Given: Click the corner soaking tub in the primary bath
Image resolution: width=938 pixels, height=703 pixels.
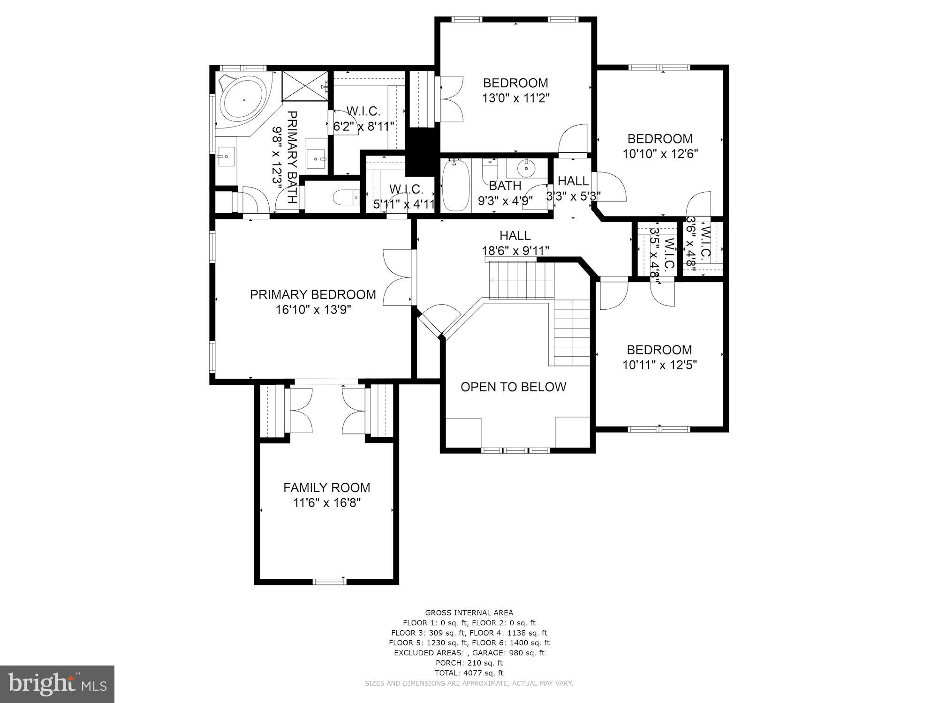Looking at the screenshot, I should [x=243, y=100].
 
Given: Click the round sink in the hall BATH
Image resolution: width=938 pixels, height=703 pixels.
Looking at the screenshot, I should [x=527, y=166].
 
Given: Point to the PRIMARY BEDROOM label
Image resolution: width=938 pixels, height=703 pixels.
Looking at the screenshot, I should [x=313, y=294].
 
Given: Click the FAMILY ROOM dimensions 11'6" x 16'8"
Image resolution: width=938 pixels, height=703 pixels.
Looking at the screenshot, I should [x=326, y=503].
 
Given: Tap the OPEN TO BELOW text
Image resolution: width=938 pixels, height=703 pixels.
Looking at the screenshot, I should [x=513, y=387].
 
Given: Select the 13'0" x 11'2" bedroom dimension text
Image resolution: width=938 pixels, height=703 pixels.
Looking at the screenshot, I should [x=515, y=98].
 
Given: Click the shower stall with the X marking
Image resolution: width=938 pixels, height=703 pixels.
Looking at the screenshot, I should [x=304, y=85].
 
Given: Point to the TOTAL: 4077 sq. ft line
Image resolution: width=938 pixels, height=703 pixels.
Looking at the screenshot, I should [x=469, y=673].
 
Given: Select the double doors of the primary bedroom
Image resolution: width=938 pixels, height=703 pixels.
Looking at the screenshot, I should [x=398, y=277].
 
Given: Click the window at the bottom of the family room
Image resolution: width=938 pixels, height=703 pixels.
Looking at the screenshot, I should [x=329, y=582].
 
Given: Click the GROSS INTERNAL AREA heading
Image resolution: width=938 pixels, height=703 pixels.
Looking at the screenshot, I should [x=469, y=613].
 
